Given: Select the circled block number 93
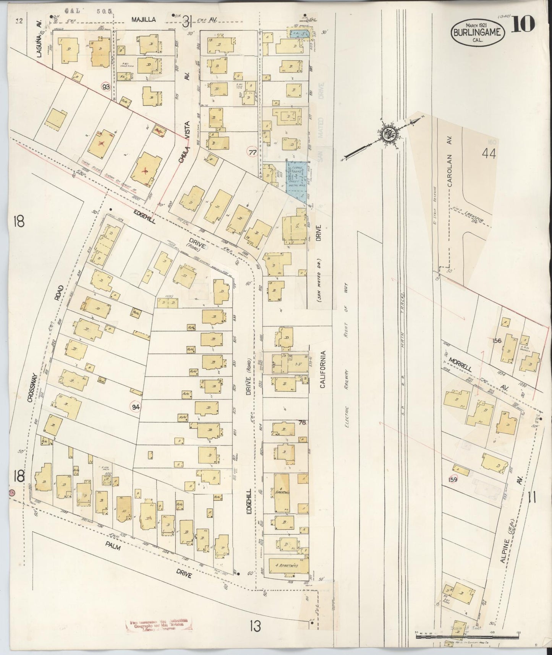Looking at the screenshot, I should [106, 87].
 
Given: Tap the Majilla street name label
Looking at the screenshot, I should [144, 19].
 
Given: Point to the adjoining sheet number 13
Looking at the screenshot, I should [255, 626].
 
